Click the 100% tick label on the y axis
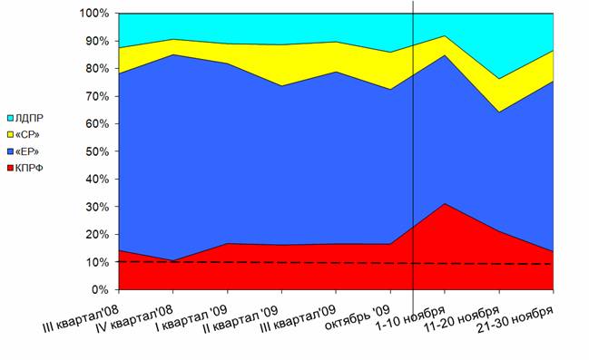pos(93,14)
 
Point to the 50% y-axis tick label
pos(97,151)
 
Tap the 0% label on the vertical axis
pos(100,290)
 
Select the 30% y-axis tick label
pos(97,208)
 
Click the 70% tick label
pos(97,96)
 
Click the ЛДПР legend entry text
pos(29,118)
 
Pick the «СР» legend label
pos(27,134)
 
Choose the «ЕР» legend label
pos(27,151)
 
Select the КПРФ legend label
pos(29,168)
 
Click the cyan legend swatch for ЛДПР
pos(11,118)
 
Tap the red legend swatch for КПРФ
pos(11,168)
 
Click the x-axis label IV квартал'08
pos(134,319)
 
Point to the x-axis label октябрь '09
pos(358,317)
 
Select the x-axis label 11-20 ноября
pos(462,318)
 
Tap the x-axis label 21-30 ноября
pos(515,319)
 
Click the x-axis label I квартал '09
pos(191,318)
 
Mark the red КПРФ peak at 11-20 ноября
pos(445,203)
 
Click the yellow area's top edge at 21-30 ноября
pos(553,51)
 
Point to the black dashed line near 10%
pos(336,263)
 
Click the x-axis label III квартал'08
pos(81,319)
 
